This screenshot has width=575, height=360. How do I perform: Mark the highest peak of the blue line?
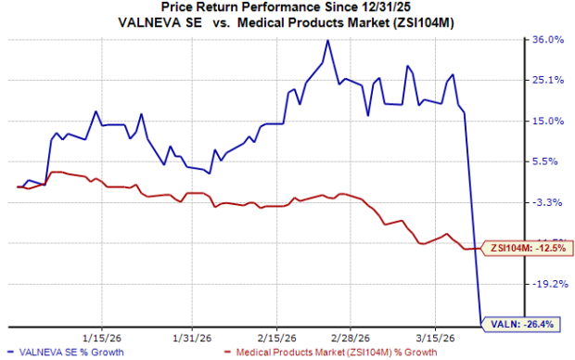[x=327, y=41]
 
